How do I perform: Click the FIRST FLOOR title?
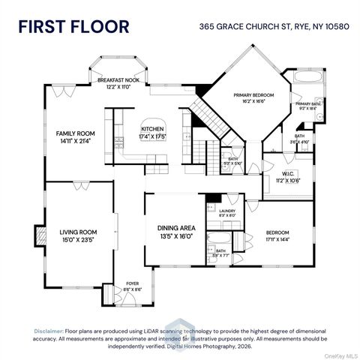point(73,27)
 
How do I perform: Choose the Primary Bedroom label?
point(253,99)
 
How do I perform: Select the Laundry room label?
point(227,212)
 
